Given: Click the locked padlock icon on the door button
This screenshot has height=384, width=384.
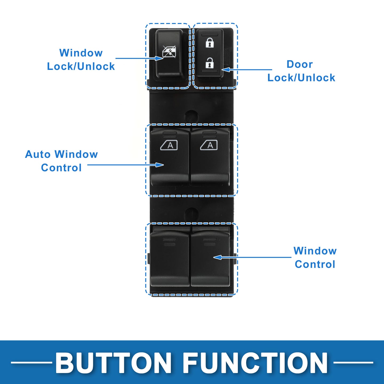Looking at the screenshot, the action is (x=209, y=42).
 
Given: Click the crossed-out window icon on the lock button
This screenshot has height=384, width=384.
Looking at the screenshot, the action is (x=169, y=52).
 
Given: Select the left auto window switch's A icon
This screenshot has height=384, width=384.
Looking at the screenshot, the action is (x=169, y=145).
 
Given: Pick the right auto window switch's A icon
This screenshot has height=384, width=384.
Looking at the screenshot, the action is (x=209, y=145).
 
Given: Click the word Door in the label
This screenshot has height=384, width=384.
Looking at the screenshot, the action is (x=300, y=64).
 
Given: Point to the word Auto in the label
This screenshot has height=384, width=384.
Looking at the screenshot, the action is (x=38, y=154).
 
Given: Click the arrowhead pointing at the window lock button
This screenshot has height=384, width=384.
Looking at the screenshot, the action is (x=159, y=58).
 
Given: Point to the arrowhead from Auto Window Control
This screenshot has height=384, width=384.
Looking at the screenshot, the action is (x=159, y=165).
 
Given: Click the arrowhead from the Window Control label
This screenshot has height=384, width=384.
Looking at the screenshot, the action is (x=218, y=257).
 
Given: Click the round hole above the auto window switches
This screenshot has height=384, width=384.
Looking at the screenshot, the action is (x=192, y=116).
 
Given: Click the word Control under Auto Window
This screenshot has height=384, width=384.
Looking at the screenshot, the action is (x=61, y=168).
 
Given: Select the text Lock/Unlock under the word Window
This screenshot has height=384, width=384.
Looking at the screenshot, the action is (x=81, y=66).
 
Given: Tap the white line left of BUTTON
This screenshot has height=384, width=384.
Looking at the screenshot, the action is (x=31, y=362).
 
